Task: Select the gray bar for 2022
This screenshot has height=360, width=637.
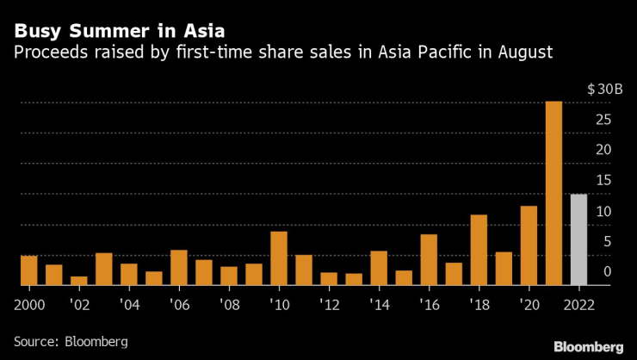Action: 578,239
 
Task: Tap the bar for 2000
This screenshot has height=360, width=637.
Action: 29,270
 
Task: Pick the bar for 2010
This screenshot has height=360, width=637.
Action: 278,258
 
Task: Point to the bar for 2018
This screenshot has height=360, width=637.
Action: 479,250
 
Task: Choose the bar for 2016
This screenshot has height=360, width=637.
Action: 429,259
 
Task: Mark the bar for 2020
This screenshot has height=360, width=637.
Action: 529,245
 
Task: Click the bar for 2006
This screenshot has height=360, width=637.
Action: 179,267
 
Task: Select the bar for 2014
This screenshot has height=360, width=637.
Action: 379,268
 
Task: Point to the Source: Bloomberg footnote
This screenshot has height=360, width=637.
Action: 71,342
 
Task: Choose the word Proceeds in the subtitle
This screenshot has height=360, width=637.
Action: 46,53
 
